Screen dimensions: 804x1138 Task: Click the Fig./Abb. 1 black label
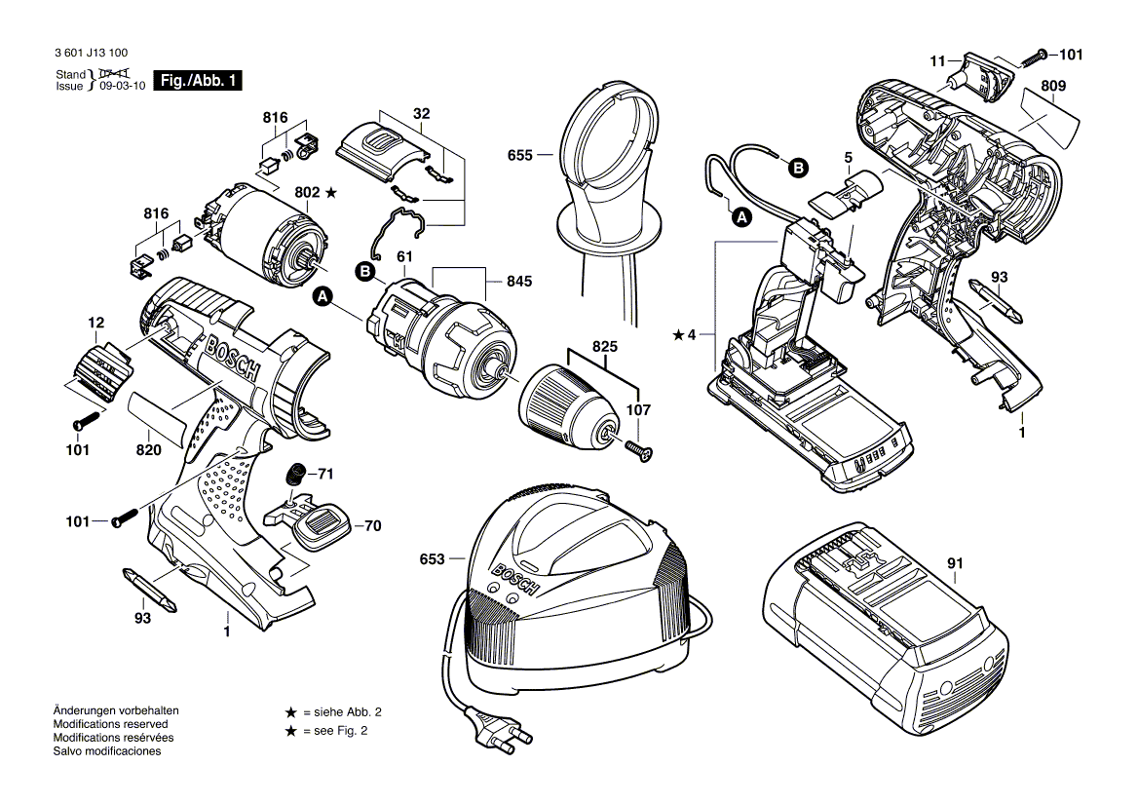click(x=199, y=81)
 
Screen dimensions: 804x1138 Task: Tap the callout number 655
click(x=520, y=155)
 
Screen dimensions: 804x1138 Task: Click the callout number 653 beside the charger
click(x=432, y=559)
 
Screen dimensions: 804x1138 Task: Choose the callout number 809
click(x=1052, y=86)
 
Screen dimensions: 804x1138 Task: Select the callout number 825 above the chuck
click(x=604, y=346)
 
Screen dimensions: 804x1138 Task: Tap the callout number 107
click(x=639, y=410)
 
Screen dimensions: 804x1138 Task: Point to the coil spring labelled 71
click(x=293, y=475)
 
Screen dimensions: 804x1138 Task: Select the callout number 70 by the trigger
click(x=372, y=526)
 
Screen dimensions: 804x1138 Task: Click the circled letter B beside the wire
click(x=796, y=168)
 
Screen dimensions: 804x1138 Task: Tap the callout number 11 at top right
click(x=937, y=60)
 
